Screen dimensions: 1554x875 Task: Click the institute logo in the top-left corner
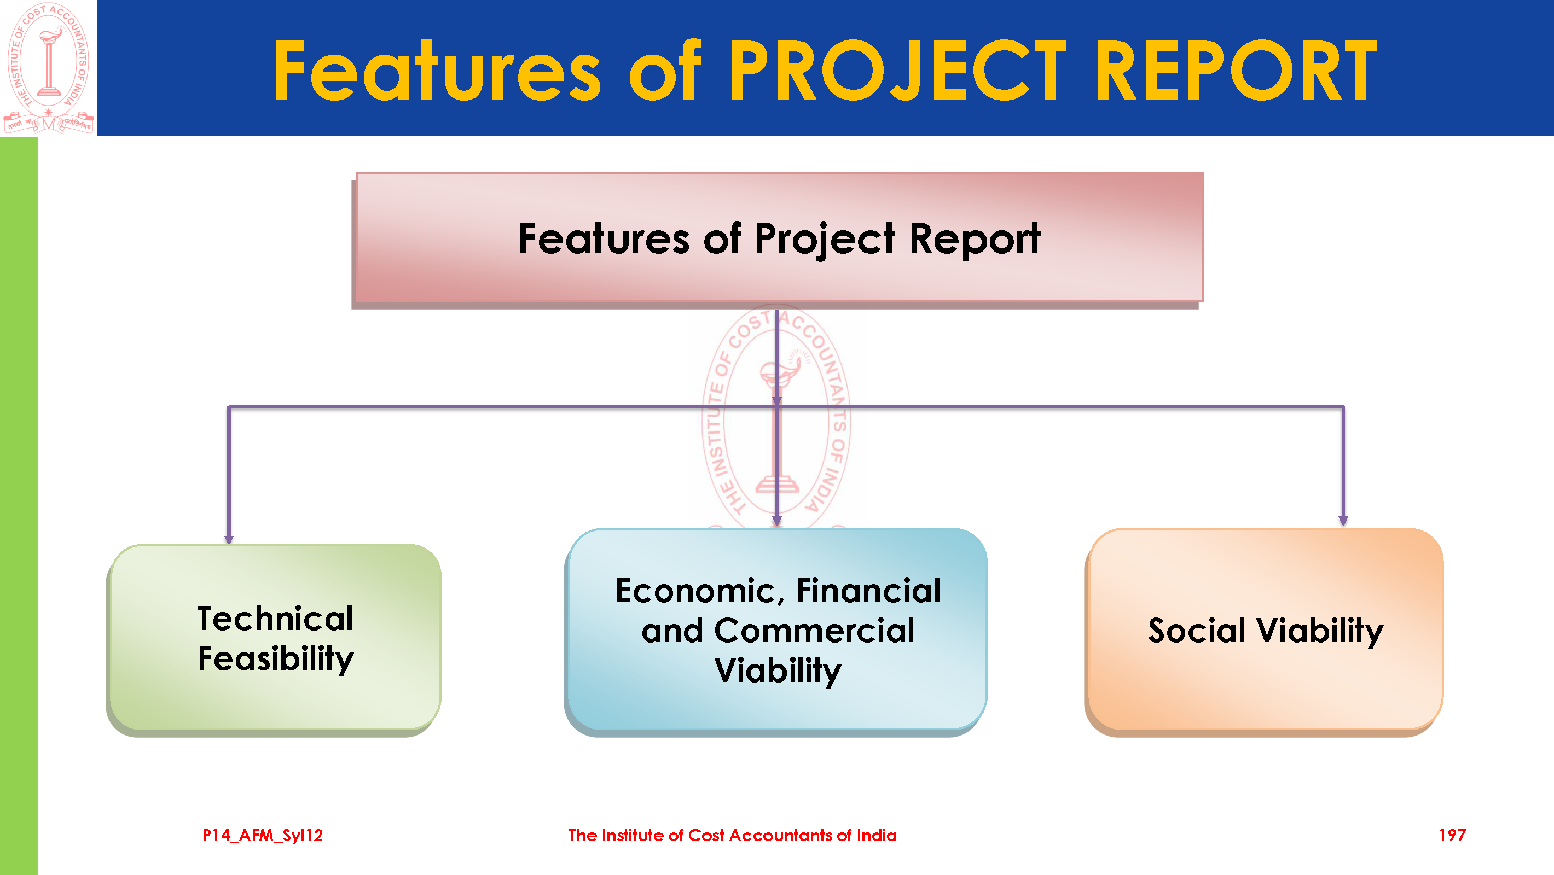48,68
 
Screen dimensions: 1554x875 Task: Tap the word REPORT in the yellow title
1236,71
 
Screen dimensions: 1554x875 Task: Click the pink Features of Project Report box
779,238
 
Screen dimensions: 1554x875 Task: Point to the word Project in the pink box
825,240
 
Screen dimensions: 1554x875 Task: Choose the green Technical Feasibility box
275,638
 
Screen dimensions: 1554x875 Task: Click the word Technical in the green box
275,618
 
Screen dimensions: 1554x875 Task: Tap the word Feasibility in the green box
276,658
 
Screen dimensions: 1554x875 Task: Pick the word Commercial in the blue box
814,631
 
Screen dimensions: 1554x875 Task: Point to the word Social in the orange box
1197,631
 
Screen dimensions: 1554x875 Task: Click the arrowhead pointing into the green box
229,540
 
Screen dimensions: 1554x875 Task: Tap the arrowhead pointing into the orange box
1343,521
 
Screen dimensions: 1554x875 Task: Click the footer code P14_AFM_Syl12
263,835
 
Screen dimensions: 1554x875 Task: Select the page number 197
1452,835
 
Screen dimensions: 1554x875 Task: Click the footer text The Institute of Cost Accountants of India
732,835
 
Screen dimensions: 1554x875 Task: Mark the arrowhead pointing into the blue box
777,521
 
